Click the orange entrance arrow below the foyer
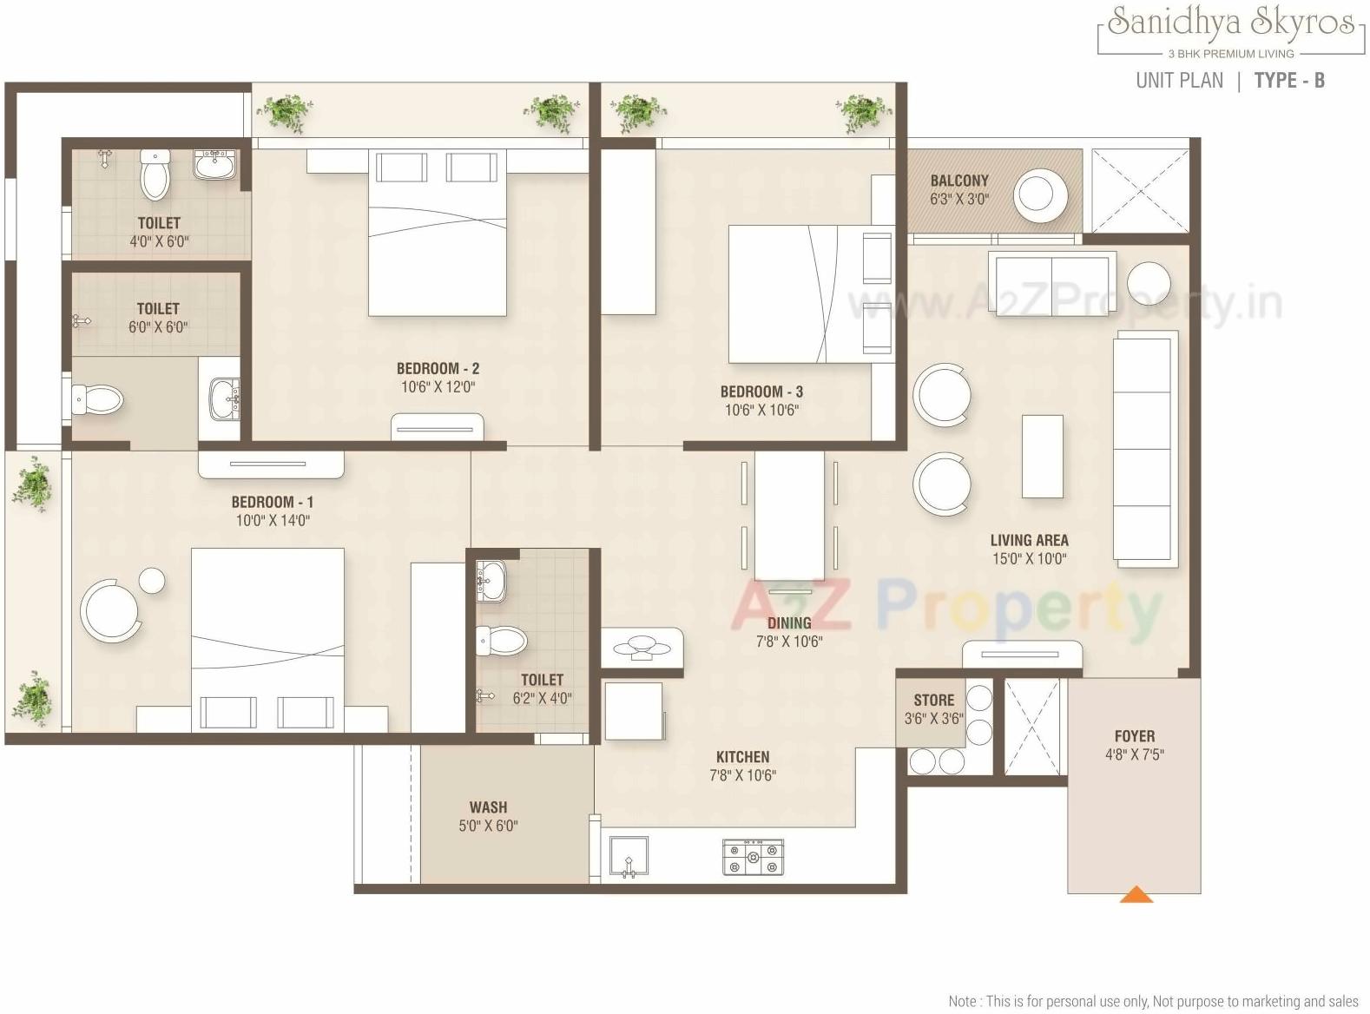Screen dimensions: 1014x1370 (x=1136, y=894)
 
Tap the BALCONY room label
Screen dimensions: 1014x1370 (x=959, y=181)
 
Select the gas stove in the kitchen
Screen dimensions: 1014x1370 (x=753, y=856)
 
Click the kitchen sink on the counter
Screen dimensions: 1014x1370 (x=629, y=857)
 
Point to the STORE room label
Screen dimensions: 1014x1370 (x=933, y=700)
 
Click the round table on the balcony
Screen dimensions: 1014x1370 (x=1041, y=194)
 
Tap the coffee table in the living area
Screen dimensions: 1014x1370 (x=1042, y=456)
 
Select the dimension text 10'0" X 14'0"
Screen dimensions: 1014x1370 (x=273, y=521)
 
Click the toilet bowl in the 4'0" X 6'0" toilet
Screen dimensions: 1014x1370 (x=155, y=174)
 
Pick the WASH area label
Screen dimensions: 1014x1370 (x=488, y=807)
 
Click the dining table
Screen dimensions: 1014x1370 (x=789, y=514)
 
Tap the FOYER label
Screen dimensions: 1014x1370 (x=1134, y=736)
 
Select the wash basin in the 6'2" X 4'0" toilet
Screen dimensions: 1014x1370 (x=491, y=580)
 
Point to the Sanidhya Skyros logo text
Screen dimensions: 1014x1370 (x=1230, y=23)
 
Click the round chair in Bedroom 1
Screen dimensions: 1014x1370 (x=110, y=609)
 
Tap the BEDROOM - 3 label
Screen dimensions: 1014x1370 (x=761, y=392)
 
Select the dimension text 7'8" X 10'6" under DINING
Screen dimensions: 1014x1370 (x=788, y=642)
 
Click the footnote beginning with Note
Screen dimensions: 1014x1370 (x=1153, y=1001)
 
